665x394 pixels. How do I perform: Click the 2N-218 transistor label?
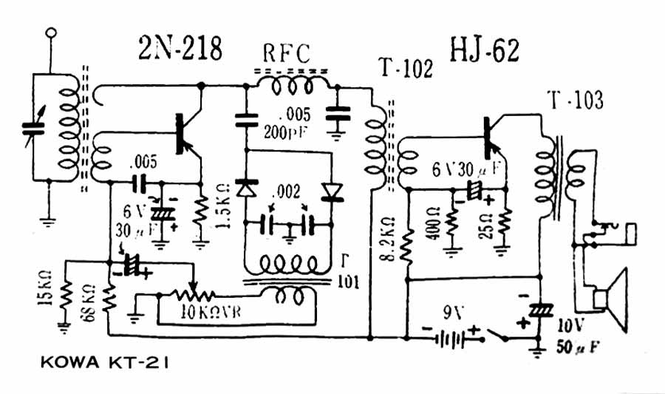coord(180,49)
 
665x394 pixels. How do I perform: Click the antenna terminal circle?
coord(51,33)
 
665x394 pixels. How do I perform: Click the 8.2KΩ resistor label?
coord(389,237)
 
